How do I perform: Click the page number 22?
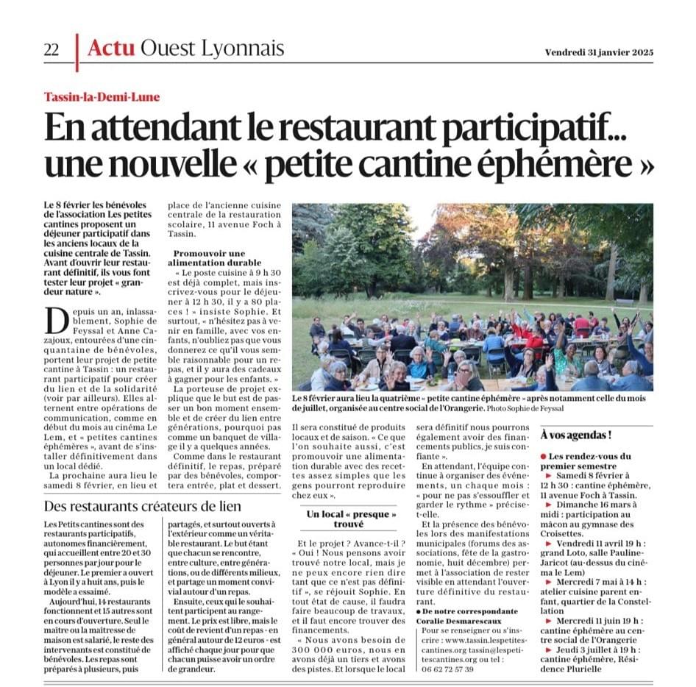(52, 49)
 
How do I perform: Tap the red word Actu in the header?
(111, 49)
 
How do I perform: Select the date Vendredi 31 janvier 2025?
(599, 52)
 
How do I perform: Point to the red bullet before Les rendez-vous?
(544, 457)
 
